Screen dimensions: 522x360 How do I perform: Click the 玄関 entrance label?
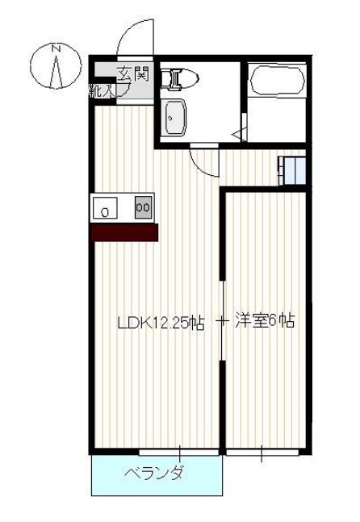coord(134,73)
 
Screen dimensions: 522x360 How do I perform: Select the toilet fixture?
coord(178,78)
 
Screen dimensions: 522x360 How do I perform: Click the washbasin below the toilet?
coord(174,119)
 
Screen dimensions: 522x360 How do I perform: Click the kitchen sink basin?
coord(104,210)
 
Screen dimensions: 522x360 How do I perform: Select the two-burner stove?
coord(143,207)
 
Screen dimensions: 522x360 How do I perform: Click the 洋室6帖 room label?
coord(264,321)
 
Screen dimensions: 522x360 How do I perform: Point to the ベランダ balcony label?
coord(153,473)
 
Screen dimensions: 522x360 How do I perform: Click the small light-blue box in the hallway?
coord(291,169)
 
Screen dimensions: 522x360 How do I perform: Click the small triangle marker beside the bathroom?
coord(237,134)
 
